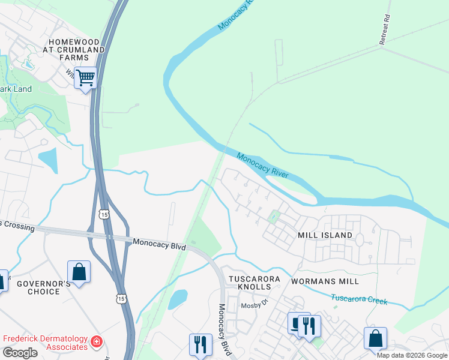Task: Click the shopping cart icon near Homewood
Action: [x=85, y=78]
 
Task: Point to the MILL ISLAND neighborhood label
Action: [x=325, y=235]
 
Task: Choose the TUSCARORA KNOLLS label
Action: [x=252, y=284]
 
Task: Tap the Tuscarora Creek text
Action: [x=359, y=298]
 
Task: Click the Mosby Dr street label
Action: [x=253, y=305]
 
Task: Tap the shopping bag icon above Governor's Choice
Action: [x=79, y=272]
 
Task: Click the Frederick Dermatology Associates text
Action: [x=45, y=343]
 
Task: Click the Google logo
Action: [x=20, y=353]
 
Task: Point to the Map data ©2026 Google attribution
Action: [x=412, y=355]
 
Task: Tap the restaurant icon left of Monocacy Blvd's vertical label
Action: [x=200, y=344]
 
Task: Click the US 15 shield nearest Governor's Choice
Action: [x=122, y=298]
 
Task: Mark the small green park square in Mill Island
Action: [x=274, y=217]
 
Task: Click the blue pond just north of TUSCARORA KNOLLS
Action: [x=178, y=299]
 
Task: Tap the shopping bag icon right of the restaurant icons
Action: [x=375, y=338]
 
